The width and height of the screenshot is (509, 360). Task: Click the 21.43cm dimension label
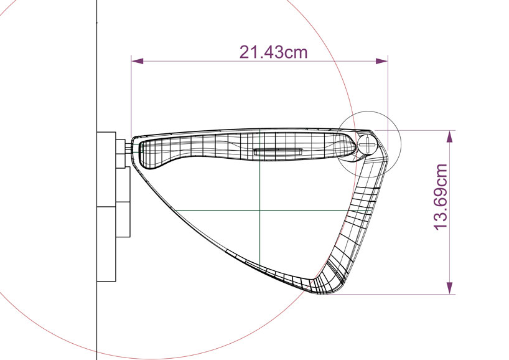pyautogui.click(x=273, y=52)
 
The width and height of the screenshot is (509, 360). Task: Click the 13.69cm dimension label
pyautogui.click(x=441, y=197)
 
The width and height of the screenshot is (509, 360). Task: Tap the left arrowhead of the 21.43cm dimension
pyautogui.click(x=138, y=61)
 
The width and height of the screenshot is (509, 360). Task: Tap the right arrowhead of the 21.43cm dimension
pyautogui.click(x=382, y=61)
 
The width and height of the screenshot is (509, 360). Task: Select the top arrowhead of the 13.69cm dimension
pyautogui.click(x=450, y=136)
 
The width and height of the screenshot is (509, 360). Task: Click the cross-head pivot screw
pyautogui.click(x=368, y=144)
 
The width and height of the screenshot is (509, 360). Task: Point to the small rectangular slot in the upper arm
pyautogui.click(x=278, y=151)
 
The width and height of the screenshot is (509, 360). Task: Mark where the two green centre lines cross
pyautogui.click(x=260, y=211)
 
